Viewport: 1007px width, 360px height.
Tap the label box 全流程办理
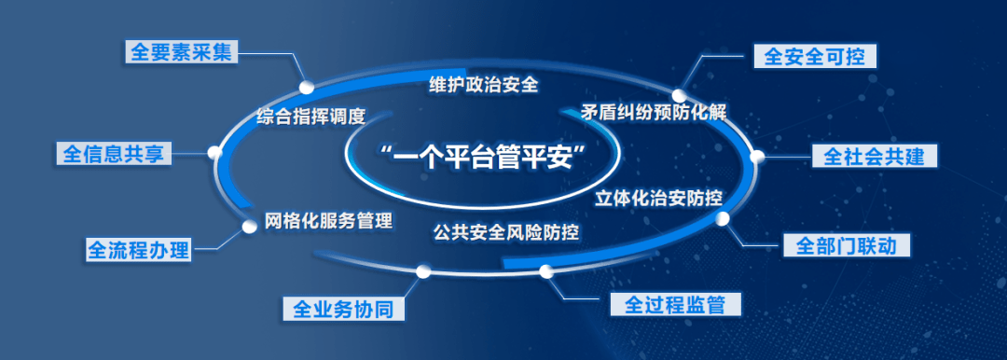tap(138, 250)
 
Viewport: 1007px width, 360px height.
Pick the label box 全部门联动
tap(846, 246)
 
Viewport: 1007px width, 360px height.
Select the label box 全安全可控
tap(814, 57)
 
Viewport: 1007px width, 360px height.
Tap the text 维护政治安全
tap(484, 84)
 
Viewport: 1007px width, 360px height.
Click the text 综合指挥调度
tap(310, 117)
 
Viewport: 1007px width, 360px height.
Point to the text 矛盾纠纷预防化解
tap(653, 111)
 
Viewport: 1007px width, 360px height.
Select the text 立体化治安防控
tap(659, 197)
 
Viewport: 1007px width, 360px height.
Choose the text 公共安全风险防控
tap(506, 230)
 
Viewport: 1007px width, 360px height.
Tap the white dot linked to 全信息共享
tap(215, 152)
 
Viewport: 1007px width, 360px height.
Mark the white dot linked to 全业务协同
tap(422, 271)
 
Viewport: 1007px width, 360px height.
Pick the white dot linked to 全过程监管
tap(545, 271)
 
